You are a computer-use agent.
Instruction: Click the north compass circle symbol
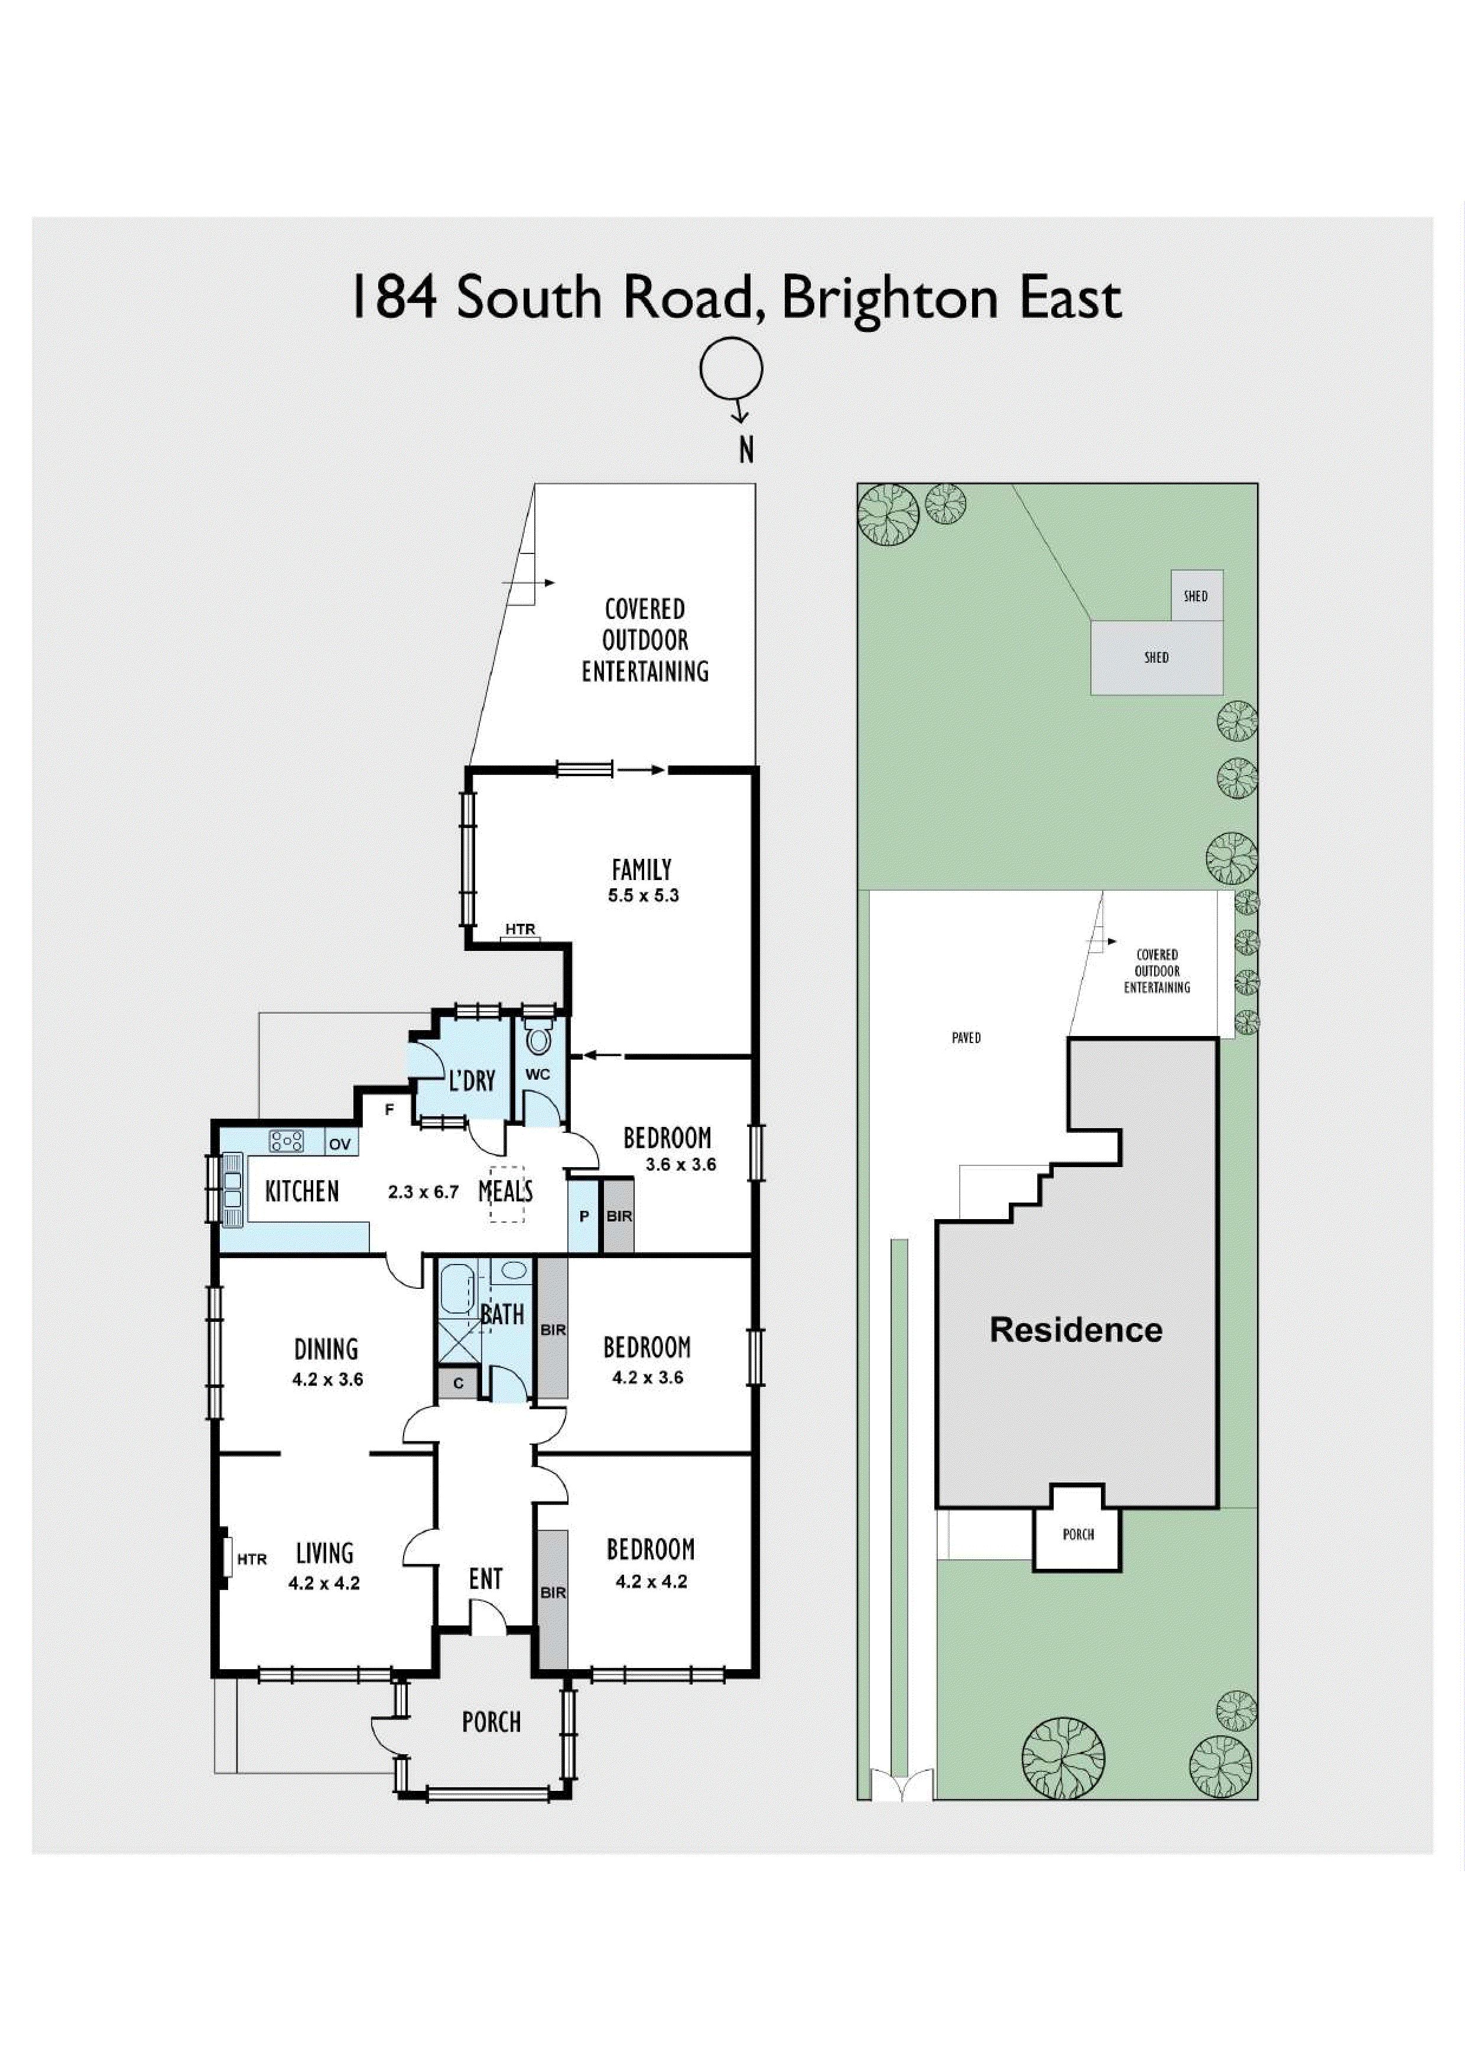[x=731, y=368]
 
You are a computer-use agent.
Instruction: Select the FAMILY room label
[x=642, y=870]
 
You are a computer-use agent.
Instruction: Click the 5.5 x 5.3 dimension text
[x=643, y=896]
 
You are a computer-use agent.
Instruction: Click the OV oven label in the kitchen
[x=339, y=1144]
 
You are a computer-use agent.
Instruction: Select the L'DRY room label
[x=472, y=1080]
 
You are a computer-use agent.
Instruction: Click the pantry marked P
[x=583, y=1217]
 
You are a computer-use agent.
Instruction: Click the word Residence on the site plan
[x=1076, y=1330]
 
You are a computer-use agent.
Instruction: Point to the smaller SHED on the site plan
[x=1196, y=595]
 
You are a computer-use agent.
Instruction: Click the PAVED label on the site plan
[x=966, y=1038]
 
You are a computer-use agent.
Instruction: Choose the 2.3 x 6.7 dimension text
[x=423, y=1192]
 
